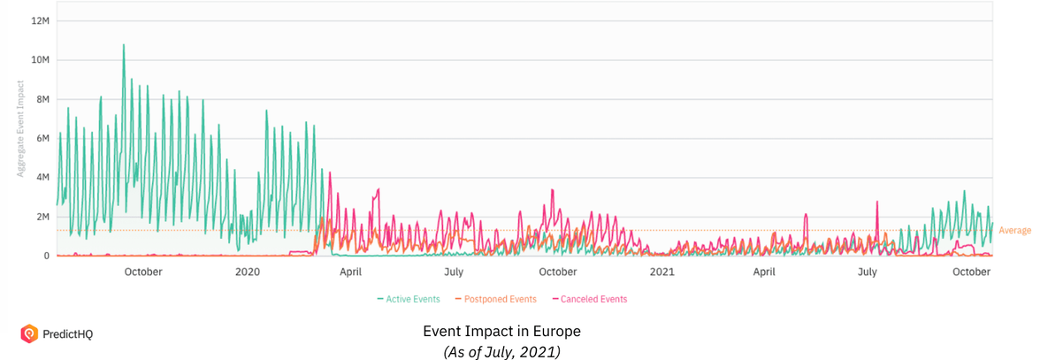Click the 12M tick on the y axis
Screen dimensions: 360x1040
(x=40, y=20)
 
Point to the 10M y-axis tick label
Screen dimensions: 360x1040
(x=40, y=60)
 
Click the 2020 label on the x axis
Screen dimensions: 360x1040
(x=247, y=272)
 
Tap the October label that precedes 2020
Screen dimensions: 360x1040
(x=143, y=272)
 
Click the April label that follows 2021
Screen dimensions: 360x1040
(x=764, y=272)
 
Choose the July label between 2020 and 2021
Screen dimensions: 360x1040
(x=454, y=272)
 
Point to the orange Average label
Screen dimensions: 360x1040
(x=1014, y=231)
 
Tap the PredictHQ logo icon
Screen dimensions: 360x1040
(x=28, y=333)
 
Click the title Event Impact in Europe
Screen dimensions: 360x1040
(x=501, y=331)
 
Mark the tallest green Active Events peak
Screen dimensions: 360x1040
(x=124, y=45)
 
